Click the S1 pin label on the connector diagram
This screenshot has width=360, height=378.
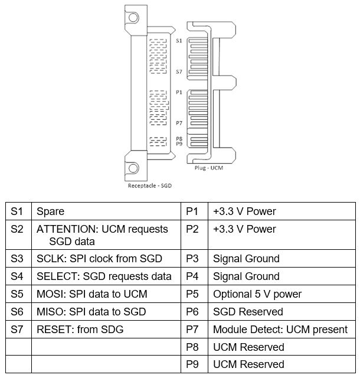pyautogui.click(x=179, y=41)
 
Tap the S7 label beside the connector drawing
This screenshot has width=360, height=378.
pyautogui.click(x=179, y=71)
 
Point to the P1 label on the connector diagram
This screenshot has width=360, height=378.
pyautogui.click(x=179, y=92)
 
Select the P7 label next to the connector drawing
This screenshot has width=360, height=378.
pyautogui.click(x=179, y=123)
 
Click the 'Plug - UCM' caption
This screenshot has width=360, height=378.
pyautogui.click(x=209, y=168)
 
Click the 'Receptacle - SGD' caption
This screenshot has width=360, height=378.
pyautogui.click(x=150, y=185)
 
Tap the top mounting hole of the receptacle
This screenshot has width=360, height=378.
pyautogui.click(x=133, y=17)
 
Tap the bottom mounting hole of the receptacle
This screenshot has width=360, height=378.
pyautogui.click(x=133, y=168)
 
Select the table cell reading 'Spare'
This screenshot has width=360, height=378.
pyautogui.click(x=50, y=211)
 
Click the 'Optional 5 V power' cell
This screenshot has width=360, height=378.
pyautogui.click(x=257, y=294)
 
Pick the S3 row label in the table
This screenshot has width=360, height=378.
pyautogui.click(x=17, y=259)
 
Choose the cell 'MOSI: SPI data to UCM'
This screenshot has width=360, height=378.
pyautogui.click(x=92, y=294)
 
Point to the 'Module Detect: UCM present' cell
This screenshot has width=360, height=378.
pyautogui.click(x=280, y=330)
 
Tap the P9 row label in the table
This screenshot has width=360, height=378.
pyautogui.click(x=192, y=364)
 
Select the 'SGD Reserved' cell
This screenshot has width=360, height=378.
pyautogui.click(x=248, y=312)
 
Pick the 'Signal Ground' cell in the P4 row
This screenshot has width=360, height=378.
pyautogui.click(x=246, y=276)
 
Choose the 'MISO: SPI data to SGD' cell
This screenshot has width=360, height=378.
pyautogui.click(x=91, y=312)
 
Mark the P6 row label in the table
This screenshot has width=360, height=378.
pyautogui.click(x=192, y=312)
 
